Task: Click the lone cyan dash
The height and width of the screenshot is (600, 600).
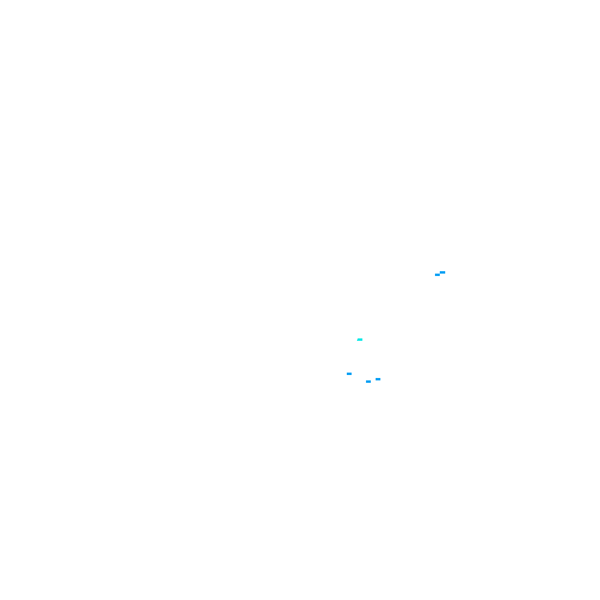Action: coord(360,340)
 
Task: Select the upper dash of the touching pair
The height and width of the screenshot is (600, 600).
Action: coord(442,272)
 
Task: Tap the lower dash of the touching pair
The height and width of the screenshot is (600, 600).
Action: coord(437,275)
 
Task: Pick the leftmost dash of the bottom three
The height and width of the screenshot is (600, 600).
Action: coord(349,374)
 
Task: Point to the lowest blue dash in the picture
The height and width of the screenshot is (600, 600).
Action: coord(368,382)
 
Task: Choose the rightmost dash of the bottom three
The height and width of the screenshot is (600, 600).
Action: coord(378,379)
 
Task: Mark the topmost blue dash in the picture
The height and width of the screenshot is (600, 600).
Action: coord(442,272)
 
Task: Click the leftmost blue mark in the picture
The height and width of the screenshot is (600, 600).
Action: coord(349,374)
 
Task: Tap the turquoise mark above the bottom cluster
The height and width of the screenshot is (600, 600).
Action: coord(360,340)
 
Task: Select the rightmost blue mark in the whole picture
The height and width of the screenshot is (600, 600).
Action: coord(442,272)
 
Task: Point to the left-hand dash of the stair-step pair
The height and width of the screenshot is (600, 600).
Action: coord(437,275)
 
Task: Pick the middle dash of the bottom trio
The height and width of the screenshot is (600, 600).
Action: coord(368,382)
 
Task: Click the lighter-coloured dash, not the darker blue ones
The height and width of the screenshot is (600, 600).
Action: coord(360,340)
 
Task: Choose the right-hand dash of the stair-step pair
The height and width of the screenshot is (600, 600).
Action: coord(442,272)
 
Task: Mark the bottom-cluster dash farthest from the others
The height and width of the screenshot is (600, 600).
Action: coord(349,374)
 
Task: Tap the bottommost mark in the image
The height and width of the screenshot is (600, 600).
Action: coord(368,382)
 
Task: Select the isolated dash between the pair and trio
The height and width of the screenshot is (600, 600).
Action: coord(360,340)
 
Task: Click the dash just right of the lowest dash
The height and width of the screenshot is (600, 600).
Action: coord(378,379)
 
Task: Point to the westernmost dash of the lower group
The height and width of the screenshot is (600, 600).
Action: coord(349,374)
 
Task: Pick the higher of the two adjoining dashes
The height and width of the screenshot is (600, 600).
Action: coord(442,272)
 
